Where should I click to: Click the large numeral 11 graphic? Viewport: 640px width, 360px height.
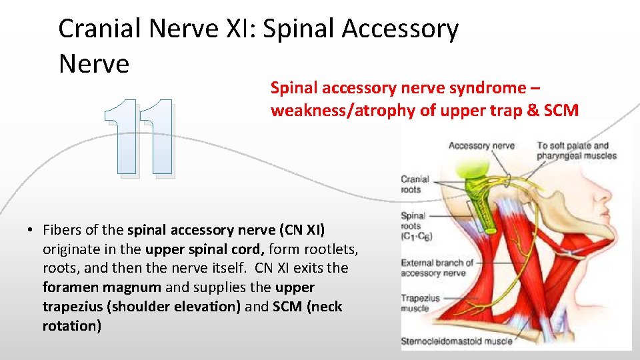pyautogui.click(x=140, y=139)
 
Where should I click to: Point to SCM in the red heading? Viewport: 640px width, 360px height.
pyautogui.click(x=562, y=111)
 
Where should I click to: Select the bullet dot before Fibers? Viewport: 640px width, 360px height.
pyautogui.click(x=31, y=231)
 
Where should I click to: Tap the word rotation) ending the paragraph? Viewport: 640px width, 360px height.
pyautogui.click(x=72, y=327)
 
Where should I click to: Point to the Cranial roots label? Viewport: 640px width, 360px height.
pyautogui.click(x=414, y=185)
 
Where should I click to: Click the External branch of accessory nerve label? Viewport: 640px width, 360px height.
pyautogui.click(x=437, y=267)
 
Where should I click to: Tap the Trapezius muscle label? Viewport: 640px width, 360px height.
pyautogui.click(x=419, y=303)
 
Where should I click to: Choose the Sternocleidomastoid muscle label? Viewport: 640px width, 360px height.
pyautogui.click(x=456, y=342)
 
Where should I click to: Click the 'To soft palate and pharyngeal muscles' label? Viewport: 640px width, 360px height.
pyautogui.click(x=577, y=151)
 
